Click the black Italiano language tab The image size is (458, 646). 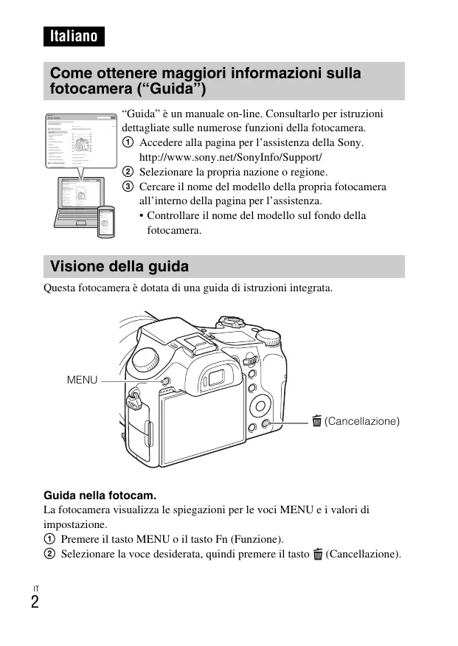(x=73, y=35)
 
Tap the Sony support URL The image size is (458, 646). (x=231, y=157)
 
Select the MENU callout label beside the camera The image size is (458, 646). (x=82, y=380)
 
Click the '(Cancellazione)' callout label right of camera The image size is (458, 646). (x=362, y=421)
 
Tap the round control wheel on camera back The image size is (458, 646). (x=262, y=405)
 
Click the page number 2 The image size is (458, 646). (x=35, y=602)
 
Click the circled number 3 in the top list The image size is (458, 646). (x=128, y=187)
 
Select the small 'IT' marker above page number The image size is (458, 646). (x=35, y=588)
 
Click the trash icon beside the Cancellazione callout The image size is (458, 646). (x=316, y=421)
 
